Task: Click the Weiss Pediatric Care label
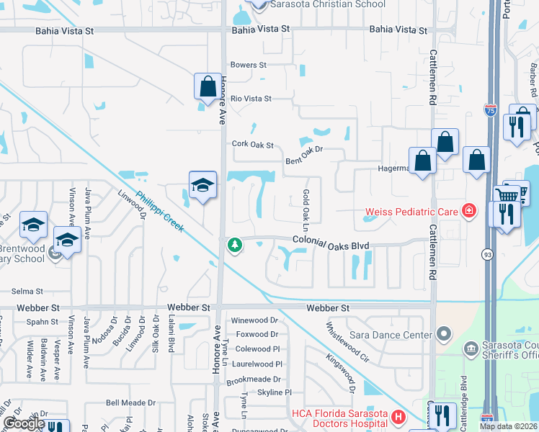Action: tap(411, 212)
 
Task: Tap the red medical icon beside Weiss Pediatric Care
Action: tap(469, 211)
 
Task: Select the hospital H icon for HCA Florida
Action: tap(397, 416)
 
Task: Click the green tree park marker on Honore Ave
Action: tap(234, 246)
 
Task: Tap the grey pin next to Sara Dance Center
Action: tap(443, 334)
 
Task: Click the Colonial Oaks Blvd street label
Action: tap(331, 246)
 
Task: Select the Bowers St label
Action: tap(249, 65)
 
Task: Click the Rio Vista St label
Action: tap(251, 98)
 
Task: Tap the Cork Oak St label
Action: tap(253, 144)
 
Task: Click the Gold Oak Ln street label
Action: tap(306, 205)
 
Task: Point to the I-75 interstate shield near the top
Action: tap(490, 110)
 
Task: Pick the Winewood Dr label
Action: tap(254, 320)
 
